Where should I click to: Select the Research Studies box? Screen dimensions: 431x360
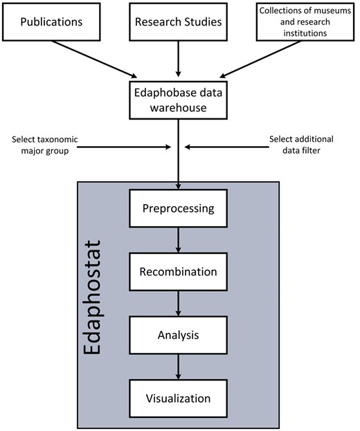click(x=179, y=21)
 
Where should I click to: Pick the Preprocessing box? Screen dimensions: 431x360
click(x=178, y=208)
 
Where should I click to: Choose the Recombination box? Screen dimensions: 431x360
click(x=178, y=272)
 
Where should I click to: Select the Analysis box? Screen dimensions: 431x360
click(x=178, y=335)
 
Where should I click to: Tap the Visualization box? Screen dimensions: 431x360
click(x=178, y=398)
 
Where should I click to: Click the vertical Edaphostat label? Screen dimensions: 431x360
click(x=97, y=297)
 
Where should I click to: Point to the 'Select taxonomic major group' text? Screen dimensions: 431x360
click(x=45, y=145)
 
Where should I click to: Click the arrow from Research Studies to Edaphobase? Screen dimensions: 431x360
click(x=179, y=57)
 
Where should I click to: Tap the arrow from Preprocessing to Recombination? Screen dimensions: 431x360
click(x=179, y=239)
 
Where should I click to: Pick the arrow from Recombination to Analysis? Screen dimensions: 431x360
click(x=179, y=303)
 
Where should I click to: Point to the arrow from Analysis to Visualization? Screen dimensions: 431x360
click(x=179, y=367)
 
